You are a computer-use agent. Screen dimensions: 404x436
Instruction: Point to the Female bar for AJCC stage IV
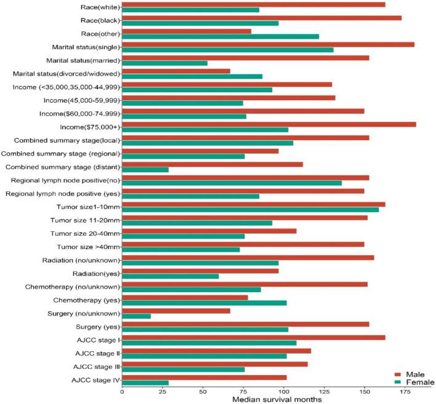click(x=145, y=383)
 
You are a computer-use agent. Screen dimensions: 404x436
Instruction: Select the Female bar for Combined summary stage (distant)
click(x=145, y=170)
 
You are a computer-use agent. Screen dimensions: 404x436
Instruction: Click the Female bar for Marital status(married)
click(x=164, y=63)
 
